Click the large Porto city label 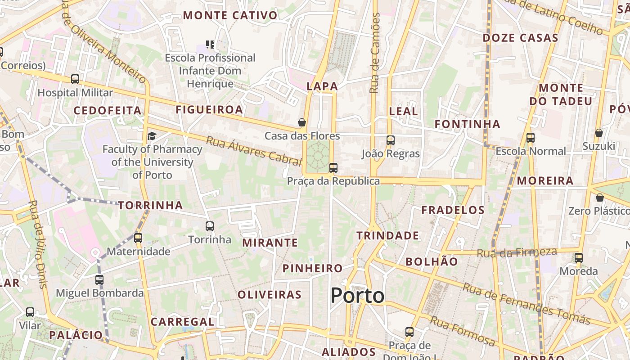358,296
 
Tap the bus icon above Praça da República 333,168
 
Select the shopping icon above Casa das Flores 302,122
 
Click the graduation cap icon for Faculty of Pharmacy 152,136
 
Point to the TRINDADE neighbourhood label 387,236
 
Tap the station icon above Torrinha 210,226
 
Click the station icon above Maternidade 138,238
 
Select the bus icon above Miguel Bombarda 99,280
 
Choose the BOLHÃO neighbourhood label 432,261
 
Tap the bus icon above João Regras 391,140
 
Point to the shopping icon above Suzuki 599,133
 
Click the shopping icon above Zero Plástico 599,198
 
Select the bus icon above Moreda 579,258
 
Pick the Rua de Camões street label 374,53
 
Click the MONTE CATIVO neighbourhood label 230,15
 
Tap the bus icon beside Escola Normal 531,138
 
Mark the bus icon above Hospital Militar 75,79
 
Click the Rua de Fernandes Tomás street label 526,304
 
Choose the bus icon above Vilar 30,312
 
